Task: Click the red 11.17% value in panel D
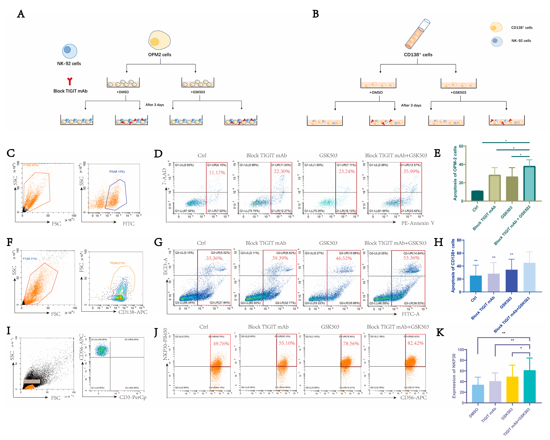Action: pyautogui.click(x=217, y=173)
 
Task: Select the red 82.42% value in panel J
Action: pyautogui.click(x=415, y=343)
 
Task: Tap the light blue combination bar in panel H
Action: pyautogui.click(x=529, y=277)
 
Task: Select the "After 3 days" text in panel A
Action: pyautogui.click(x=155, y=105)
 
